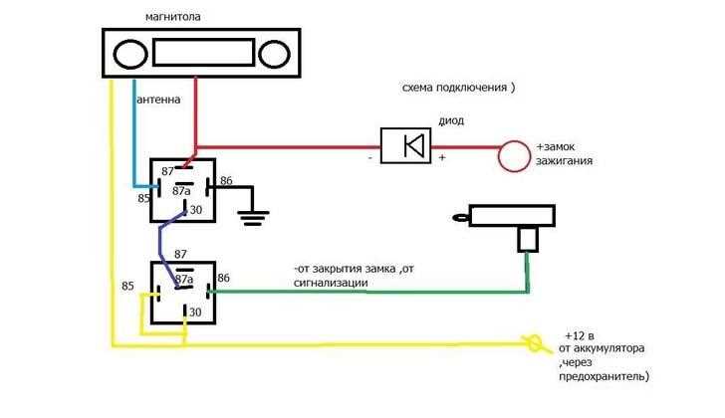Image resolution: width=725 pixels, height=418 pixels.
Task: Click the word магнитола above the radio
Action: [x=173, y=17]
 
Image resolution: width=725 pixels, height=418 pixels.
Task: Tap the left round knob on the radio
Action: [x=130, y=54]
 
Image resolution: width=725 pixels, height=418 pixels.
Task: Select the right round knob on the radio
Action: [x=274, y=54]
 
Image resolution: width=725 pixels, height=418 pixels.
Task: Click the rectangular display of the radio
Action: [x=203, y=52]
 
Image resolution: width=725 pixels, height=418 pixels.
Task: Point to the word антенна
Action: [x=158, y=100]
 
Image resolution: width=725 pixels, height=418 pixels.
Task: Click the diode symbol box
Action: [x=405, y=145]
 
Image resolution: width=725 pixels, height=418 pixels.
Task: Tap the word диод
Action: [x=451, y=120]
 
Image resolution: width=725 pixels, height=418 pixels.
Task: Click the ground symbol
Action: [x=253, y=218]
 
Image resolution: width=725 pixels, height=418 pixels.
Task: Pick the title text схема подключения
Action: [x=454, y=88]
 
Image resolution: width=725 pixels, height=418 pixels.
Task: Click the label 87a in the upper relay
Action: [x=181, y=190]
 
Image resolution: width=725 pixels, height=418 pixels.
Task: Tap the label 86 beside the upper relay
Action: [x=226, y=180]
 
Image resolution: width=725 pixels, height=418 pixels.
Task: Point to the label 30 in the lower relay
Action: [x=195, y=313]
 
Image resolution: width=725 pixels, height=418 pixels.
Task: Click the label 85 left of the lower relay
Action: [x=127, y=286]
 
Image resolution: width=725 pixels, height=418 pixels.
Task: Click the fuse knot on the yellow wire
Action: [x=534, y=343]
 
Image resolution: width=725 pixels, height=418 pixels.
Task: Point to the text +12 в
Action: [x=580, y=335]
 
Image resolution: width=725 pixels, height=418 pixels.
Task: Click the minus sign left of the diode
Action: [x=369, y=158]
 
